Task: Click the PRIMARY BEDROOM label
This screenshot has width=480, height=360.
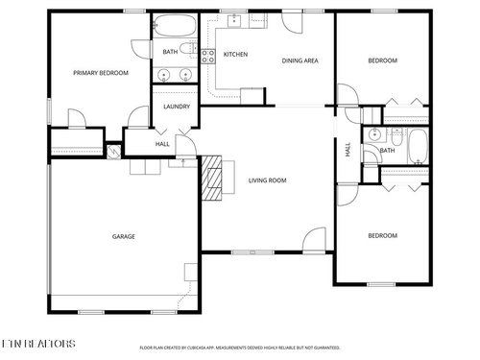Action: [x=101, y=73]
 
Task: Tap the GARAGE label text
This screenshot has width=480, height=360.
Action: [x=123, y=236]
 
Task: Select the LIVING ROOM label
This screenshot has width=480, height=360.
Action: [x=267, y=180]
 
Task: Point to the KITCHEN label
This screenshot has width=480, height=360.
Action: [x=235, y=55]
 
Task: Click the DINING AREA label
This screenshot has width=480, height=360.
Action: [x=300, y=60]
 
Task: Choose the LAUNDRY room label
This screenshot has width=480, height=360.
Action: [x=176, y=107]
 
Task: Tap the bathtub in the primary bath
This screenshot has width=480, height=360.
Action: [x=174, y=26]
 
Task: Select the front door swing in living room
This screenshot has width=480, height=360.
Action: [x=313, y=239]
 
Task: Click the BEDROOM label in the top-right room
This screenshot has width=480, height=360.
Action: [x=382, y=60]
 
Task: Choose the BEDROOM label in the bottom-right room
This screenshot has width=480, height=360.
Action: [x=382, y=235]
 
